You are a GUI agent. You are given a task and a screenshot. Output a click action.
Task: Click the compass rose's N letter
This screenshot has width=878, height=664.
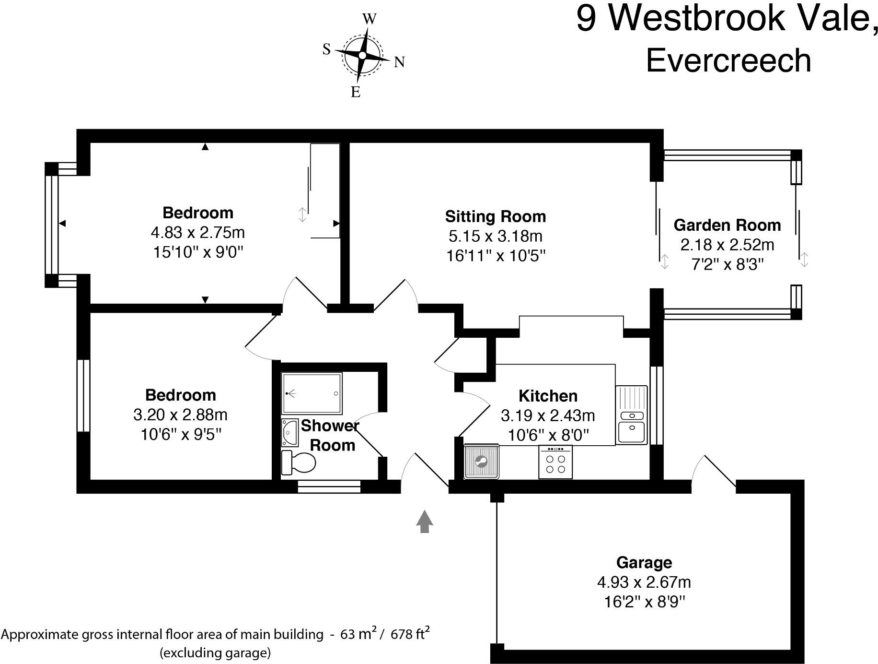(x=399, y=62)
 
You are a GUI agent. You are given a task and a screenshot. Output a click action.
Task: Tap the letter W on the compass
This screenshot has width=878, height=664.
(x=369, y=19)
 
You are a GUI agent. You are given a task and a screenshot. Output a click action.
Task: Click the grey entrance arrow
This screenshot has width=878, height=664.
(x=424, y=522)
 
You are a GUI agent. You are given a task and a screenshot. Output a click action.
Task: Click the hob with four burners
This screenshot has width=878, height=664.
(x=555, y=462)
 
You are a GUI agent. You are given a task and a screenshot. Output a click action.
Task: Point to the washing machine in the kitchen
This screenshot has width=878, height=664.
(x=481, y=462)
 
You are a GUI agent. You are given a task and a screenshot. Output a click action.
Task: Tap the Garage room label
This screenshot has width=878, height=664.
(x=644, y=562)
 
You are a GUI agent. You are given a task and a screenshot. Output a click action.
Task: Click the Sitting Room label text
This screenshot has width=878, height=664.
(x=496, y=217)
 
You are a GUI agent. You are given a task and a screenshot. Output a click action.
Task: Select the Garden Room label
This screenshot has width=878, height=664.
(x=727, y=225)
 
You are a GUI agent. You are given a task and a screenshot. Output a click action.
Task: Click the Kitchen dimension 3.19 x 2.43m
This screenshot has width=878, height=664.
(x=548, y=415)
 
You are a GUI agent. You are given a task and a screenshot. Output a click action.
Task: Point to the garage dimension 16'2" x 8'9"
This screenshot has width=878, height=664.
(x=645, y=602)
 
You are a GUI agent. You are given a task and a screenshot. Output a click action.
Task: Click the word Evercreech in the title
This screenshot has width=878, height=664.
(x=728, y=61)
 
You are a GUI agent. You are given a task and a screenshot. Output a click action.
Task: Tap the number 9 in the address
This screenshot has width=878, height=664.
(x=586, y=19)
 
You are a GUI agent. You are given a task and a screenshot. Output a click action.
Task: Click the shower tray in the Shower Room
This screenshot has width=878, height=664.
(x=312, y=393)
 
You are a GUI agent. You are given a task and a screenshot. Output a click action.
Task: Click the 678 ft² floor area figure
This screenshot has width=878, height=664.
(x=410, y=634)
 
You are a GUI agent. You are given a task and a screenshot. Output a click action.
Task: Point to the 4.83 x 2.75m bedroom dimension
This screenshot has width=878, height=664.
(x=198, y=233)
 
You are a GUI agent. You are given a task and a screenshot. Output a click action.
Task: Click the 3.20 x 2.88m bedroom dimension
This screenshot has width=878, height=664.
(x=181, y=415)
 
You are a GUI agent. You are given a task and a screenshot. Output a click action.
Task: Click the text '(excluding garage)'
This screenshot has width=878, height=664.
(x=215, y=653)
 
